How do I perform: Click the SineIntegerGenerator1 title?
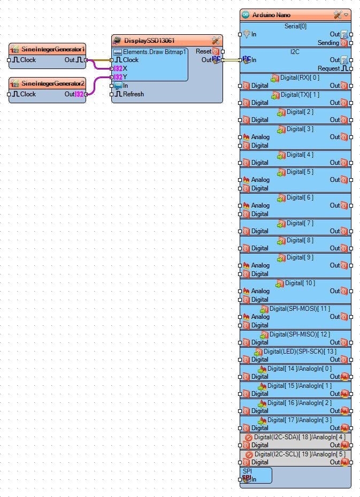pos(53,49)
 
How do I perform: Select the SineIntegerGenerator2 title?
pos(53,83)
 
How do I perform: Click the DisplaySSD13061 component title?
pos(149,41)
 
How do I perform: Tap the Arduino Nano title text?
pos(271,15)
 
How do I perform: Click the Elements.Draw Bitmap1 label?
pos(154,52)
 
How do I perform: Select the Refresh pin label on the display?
pos(133,94)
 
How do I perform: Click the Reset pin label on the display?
pos(203,51)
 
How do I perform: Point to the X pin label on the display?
pos(125,68)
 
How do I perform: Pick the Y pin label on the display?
pos(125,77)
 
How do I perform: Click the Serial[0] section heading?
pos(295,26)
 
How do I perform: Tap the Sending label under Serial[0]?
pos(328,43)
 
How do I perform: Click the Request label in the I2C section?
pos(328,68)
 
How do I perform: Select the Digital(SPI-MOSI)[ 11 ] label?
pos(300,309)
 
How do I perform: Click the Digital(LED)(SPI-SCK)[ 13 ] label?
pos(300,351)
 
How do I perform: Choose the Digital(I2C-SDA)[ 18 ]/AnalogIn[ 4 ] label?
pos(300,437)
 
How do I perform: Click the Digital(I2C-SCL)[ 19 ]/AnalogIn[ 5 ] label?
pos(300,454)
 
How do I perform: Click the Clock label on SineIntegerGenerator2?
pos(28,94)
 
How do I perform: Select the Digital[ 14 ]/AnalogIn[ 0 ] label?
pos(300,369)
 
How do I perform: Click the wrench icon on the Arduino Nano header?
pos(337,15)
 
